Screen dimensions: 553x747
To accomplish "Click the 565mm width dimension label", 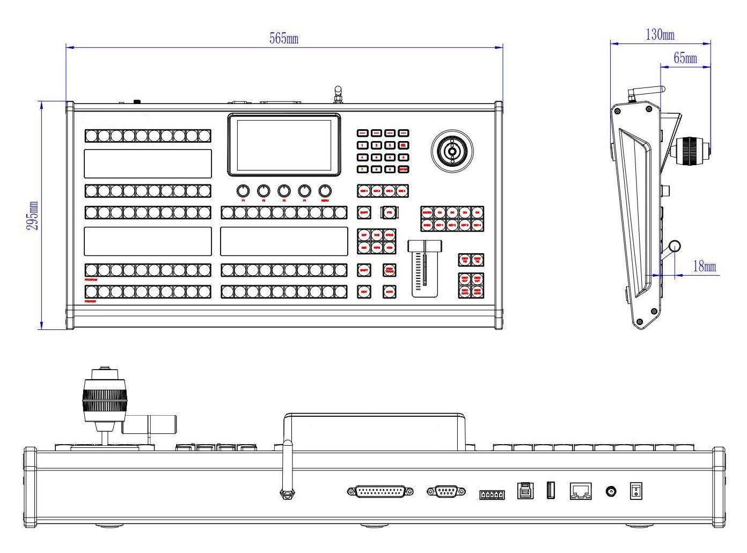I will point(283,38).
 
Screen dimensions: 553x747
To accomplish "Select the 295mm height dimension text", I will point(33,216).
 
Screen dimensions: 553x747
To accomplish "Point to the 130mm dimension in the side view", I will point(660,35).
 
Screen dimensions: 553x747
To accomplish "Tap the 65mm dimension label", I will point(685,57).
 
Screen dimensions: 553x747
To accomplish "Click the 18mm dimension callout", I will point(704,266).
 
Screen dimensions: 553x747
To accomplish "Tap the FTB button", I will point(390,212).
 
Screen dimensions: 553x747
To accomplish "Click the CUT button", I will point(364,292).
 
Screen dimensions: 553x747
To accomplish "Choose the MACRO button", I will point(427,212).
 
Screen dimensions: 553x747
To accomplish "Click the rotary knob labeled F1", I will point(243,191).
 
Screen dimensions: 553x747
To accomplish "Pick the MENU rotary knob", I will point(325,191).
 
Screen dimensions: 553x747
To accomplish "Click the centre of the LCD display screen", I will point(284,145).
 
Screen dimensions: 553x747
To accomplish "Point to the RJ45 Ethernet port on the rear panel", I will point(581,491).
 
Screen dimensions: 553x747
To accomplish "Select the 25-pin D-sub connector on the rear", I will point(380,491).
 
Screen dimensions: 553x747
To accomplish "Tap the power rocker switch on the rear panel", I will point(636,491).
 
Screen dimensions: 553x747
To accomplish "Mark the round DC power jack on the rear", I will point(611,491).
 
